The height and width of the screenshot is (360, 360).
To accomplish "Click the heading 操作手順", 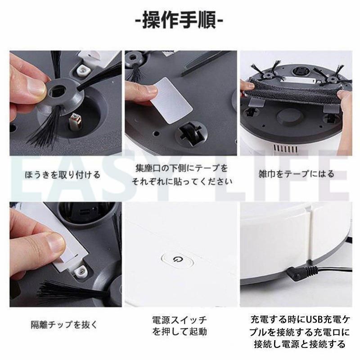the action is tap(180, 20).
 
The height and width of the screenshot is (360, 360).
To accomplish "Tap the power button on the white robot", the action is tap(177, 260).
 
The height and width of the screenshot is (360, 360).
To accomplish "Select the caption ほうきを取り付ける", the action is tap(63, 175).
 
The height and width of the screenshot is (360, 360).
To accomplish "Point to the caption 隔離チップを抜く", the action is tap(64, 324).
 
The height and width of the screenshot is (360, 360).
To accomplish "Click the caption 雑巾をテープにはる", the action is tap(297, 174).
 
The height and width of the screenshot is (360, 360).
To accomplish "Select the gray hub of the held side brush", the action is tap(62, 94).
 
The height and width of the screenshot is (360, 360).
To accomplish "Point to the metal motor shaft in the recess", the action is tap(75, 121).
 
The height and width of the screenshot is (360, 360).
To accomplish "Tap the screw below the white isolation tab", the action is tap(81, 272).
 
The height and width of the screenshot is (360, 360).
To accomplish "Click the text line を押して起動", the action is tap(180, 332).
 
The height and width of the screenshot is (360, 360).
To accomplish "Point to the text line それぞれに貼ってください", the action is tap(181, 181).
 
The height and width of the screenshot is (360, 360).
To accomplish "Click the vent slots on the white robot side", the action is tap(285, 148).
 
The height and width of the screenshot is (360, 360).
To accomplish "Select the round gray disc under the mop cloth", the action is tap(288, 117).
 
